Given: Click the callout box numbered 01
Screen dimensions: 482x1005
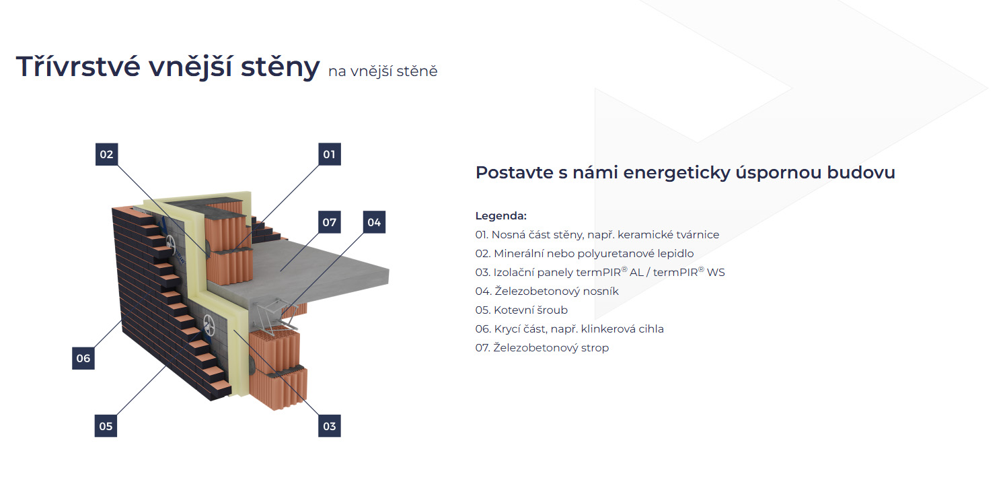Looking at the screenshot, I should (x=329, y=154).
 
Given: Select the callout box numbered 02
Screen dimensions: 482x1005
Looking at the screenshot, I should (x=106, y=154).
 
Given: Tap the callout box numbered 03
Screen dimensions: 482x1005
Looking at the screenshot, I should (x=329, y=425).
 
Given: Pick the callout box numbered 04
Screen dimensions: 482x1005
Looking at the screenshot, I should (x=374, y=222).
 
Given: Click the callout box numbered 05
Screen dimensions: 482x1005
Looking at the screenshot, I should (x=106, y=425).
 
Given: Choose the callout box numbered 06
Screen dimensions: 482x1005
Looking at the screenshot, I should (x=83, y=358).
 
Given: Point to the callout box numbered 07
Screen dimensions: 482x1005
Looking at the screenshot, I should (x=329, y=222).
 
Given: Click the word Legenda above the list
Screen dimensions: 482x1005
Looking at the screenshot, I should (x=500, y=216).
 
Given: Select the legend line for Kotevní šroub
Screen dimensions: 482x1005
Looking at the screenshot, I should (x=521, y=310).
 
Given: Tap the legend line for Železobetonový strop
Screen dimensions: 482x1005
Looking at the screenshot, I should (x=542, y=348).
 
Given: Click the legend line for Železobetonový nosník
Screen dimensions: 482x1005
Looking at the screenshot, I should (x=546, y=291).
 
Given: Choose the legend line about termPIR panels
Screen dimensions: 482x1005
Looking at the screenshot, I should (x=599, y=273).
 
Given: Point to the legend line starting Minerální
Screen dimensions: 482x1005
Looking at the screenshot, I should (x=584, y=254).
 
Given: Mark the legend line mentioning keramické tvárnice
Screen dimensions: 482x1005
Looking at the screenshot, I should (x=597, y=235).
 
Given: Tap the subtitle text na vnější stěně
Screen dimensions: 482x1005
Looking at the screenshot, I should (x=383, y=71).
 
